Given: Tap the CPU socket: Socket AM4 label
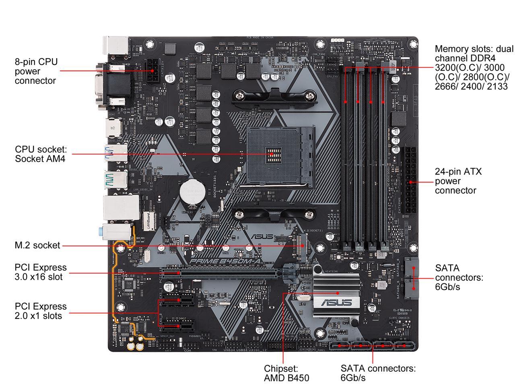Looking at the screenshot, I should pos(40,154).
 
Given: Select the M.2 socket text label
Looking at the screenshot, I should pos(37,245).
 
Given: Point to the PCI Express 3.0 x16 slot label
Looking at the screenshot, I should pos(40,272).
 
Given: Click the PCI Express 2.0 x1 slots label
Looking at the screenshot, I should pos(40,311).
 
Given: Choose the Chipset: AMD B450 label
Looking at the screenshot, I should pos(286,373).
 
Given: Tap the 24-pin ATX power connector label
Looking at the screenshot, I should pos(458,181).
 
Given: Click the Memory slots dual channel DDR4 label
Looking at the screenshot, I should pos(473,67).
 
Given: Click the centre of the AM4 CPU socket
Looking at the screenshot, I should pos(272,154).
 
